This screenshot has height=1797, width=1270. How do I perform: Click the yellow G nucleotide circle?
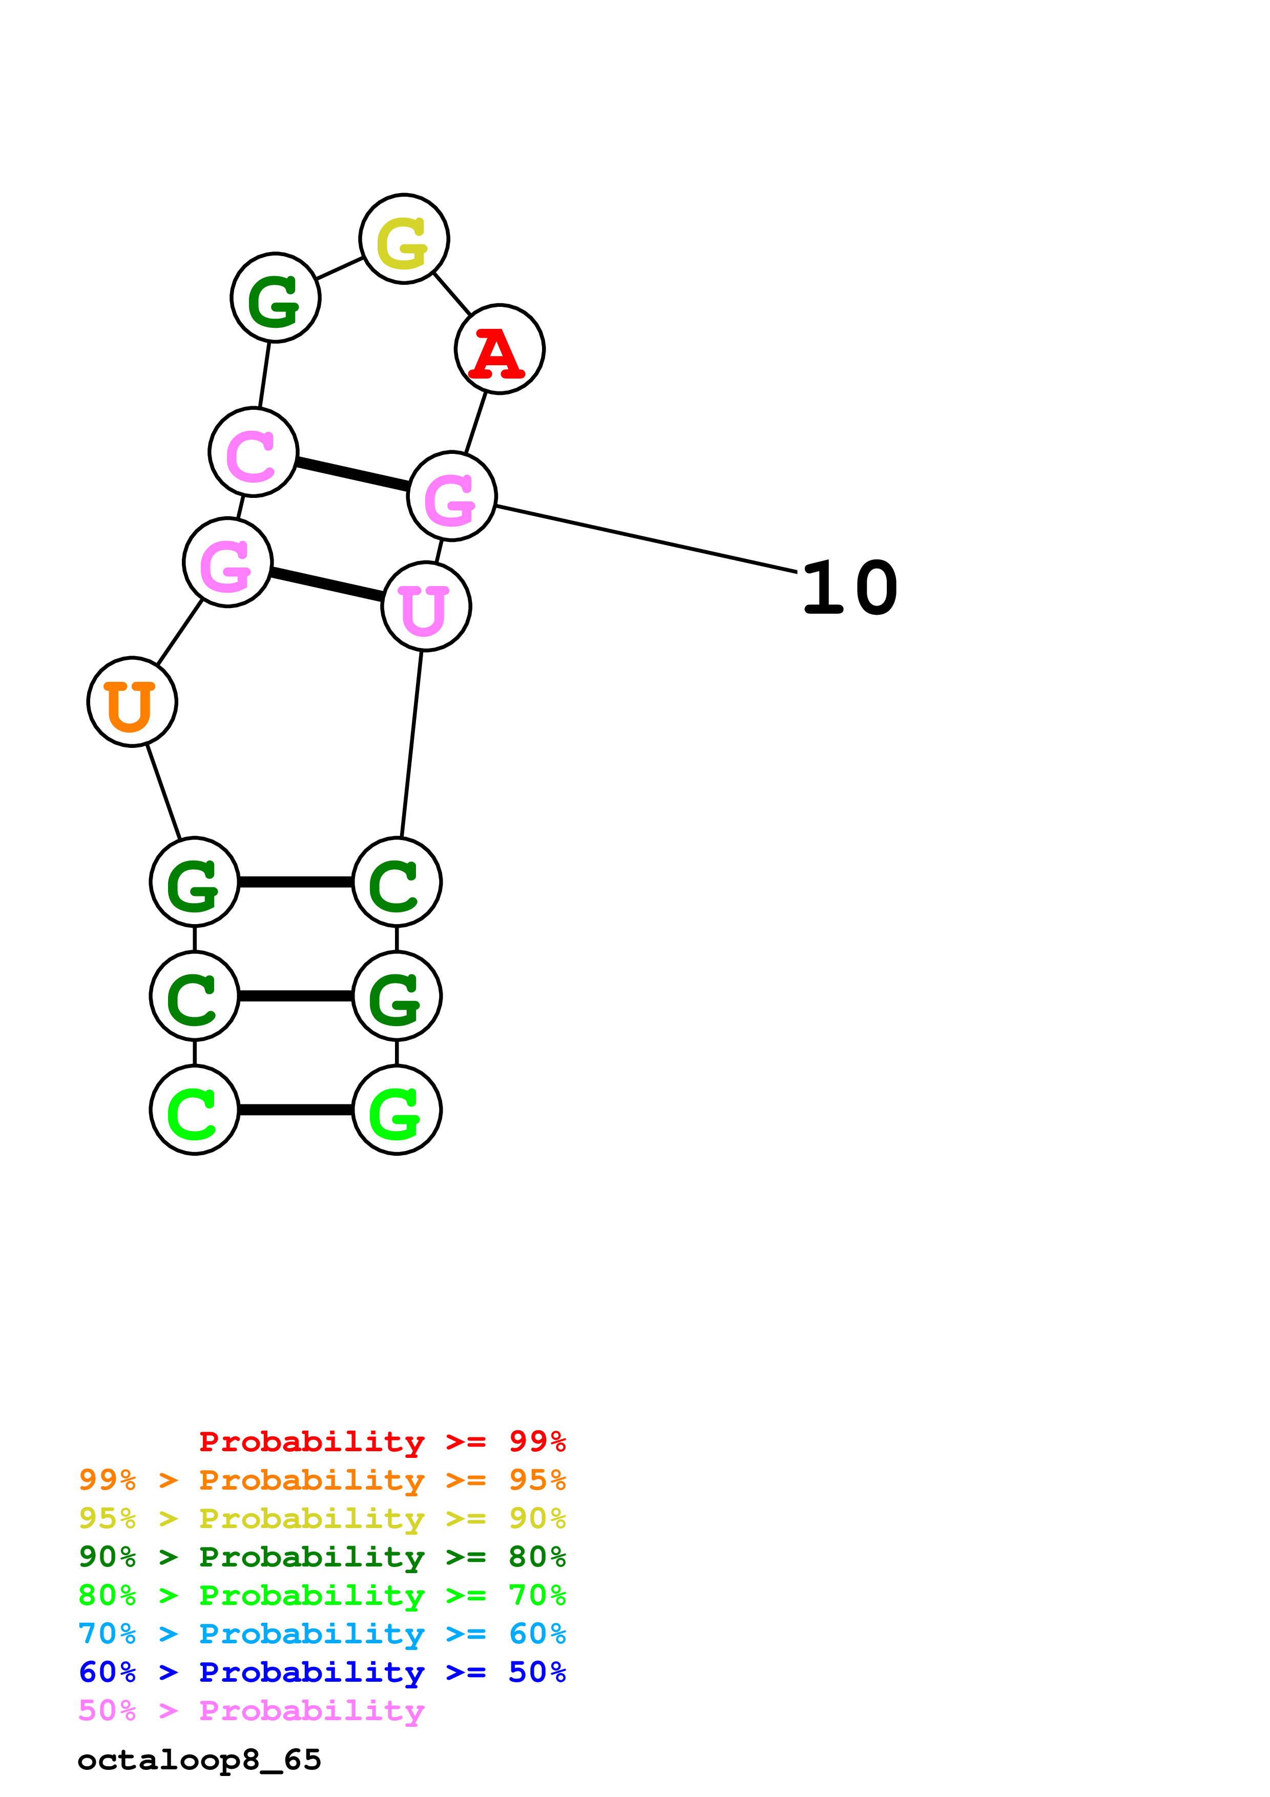[x=404, y=239]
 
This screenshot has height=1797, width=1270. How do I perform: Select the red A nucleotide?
[x=499, y=349]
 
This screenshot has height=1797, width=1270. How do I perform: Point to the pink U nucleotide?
[x=426, y=606]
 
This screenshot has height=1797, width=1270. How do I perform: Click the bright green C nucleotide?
[x=194, y=1110]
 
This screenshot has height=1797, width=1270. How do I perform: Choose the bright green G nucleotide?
[x=397, y=1110]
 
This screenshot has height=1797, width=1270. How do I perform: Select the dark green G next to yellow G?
[x=276, y=298]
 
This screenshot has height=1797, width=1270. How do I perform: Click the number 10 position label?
[x=850, y=589]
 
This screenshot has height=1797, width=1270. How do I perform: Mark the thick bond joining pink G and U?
[x=326, y=584]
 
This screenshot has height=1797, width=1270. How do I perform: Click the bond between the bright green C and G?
[x=296, y=1110]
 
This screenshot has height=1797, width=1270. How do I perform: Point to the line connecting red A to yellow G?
[x=452, y=294]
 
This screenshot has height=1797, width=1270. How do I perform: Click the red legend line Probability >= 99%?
[x=382, y=1441]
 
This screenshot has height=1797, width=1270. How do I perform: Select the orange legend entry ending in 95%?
[x=322, y=1480]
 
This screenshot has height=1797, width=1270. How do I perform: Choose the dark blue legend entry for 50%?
[x=322, y=1672]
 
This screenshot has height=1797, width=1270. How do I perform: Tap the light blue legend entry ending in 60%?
[x=322, y=1634]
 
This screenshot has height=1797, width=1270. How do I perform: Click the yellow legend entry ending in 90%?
[x=322, y=1518]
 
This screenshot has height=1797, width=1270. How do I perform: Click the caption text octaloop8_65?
[x=199, y=1760]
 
